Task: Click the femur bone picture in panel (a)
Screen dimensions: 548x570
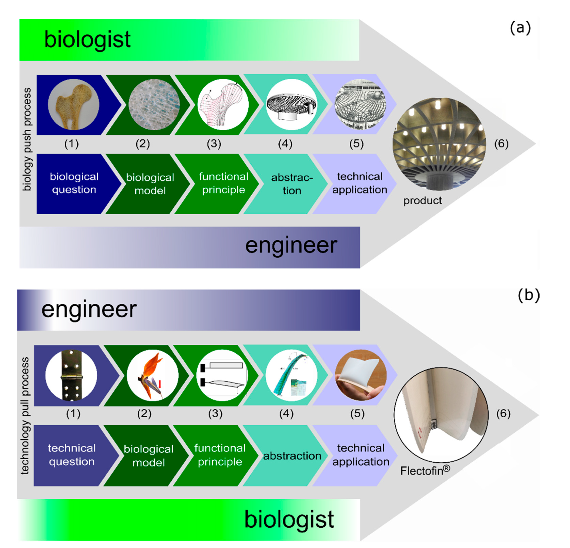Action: pyautogui.click(x=74, y=105)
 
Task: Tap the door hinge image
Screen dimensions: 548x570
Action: pyautogui.click(x=71, y=376)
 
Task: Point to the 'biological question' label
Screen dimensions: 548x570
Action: pyautogui.click(x=74, y=183)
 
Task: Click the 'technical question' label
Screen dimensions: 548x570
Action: pyautogui.click(x=72, y=455)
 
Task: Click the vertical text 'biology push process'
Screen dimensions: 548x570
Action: pyautogui.click(x=27, y=139)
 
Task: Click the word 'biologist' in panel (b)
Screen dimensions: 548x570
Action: pyautogui.click(x=289, y=520)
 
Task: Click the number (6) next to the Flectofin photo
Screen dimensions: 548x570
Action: pyautogui.click(x=503, y=413)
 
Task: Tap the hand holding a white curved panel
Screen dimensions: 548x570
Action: pyautogui.click(x=361, y=376)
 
